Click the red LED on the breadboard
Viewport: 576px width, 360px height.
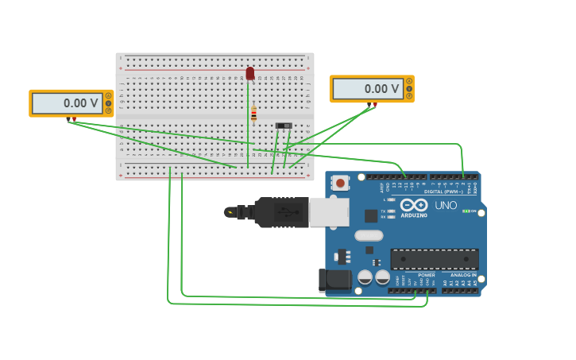(x=249, y=73)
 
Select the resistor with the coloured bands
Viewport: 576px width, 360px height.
(x=253, y=114)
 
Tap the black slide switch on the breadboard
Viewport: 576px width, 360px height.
(x=283, y=126)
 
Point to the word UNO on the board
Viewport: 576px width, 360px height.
(x=446, y=205)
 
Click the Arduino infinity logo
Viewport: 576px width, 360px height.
(x=414, y=205)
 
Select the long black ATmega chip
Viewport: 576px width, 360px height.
(x=434, y=259)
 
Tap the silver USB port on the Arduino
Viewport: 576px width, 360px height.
(x=328, y=211)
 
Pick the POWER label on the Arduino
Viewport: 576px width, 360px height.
(x=427, y=275)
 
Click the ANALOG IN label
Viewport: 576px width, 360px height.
(x=463, y=275)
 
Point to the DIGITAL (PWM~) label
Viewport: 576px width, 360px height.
(x=445, y=192)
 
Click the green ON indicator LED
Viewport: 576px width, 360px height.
(x=466, y=211)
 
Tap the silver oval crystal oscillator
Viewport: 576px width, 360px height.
(x=369, y=235)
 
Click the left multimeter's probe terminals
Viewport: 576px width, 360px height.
(x=72, y=119)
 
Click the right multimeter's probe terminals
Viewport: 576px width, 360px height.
(x=373, y=104)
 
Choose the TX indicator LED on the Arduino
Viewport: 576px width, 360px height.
(x=391, y=208)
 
